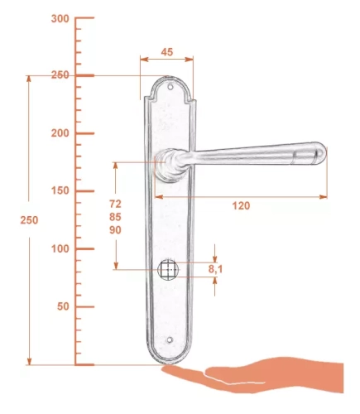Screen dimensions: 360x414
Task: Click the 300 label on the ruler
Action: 60,19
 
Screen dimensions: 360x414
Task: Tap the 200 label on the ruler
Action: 60,133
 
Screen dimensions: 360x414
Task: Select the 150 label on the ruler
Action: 60,190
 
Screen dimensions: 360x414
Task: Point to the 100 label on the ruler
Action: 60,248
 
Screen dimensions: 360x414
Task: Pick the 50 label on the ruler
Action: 63,306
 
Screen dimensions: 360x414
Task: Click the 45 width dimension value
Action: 167,52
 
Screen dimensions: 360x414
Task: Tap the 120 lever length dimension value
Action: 241,205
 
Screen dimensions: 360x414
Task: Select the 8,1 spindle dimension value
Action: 215,269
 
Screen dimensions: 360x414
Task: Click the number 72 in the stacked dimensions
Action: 115,204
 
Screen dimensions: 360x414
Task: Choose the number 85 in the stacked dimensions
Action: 115,217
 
